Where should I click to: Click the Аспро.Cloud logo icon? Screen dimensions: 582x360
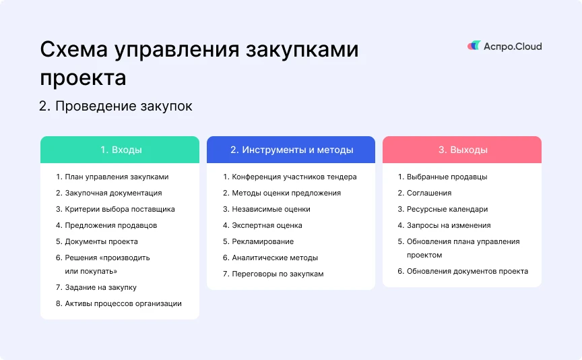coord(474,46)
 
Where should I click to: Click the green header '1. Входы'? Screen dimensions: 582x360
coord(120,150)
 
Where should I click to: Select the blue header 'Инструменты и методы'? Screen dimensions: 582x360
coord(291,150)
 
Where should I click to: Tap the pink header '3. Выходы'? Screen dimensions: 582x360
coord(462,150)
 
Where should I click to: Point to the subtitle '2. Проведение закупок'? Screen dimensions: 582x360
coord(116,107)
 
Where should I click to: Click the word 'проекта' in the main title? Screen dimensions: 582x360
coord(83,78)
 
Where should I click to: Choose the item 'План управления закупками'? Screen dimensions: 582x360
coord(117,177)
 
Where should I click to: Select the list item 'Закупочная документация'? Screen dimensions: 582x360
coord(113,193)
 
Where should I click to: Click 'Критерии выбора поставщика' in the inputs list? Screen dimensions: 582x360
coord(120,209)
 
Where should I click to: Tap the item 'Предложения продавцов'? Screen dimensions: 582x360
coord(111,226)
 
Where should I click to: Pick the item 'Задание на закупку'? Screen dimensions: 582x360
coord(100,288)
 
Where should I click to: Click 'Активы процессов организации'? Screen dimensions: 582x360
coord(123,303)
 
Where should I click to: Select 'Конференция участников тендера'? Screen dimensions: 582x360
coord(294,177)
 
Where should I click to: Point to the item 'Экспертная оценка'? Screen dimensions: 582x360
coord(267,226)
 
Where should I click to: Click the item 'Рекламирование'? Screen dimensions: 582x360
coord(263,241)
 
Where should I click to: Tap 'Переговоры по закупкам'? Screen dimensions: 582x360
coord(278,274)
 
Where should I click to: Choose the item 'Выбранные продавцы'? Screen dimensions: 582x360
coord(447,177)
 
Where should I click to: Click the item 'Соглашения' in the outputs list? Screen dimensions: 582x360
coord(429,193)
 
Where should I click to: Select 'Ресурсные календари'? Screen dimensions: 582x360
coord(447,209)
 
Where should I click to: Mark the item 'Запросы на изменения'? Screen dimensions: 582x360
coord(449,226)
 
